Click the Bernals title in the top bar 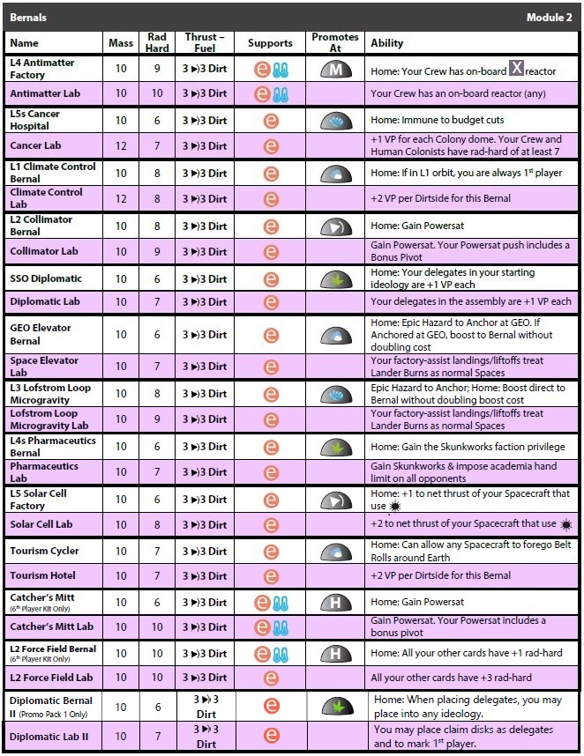pyautogui.click(x=28, y=17)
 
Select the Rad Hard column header pyautogui.click(x=157, y=42)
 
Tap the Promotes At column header pyautogui.click(x=335, y=42)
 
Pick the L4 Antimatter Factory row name pyautogui.click(x=42, y=69)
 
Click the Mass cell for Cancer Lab pyautogui.click(x=121, y=145)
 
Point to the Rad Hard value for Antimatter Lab pyautogui.click(x=157, y=93)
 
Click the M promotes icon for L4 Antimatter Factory pyautogui.click(x=335, y=69)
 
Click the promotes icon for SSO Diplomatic pyautogui.click(x=335, y=279)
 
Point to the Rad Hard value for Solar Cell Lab pyautogui.click(x=157, y=524)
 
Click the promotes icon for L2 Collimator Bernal pyautogui.click(x=335, y=226)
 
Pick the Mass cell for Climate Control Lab pyautogui.click(x=121, y=198)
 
